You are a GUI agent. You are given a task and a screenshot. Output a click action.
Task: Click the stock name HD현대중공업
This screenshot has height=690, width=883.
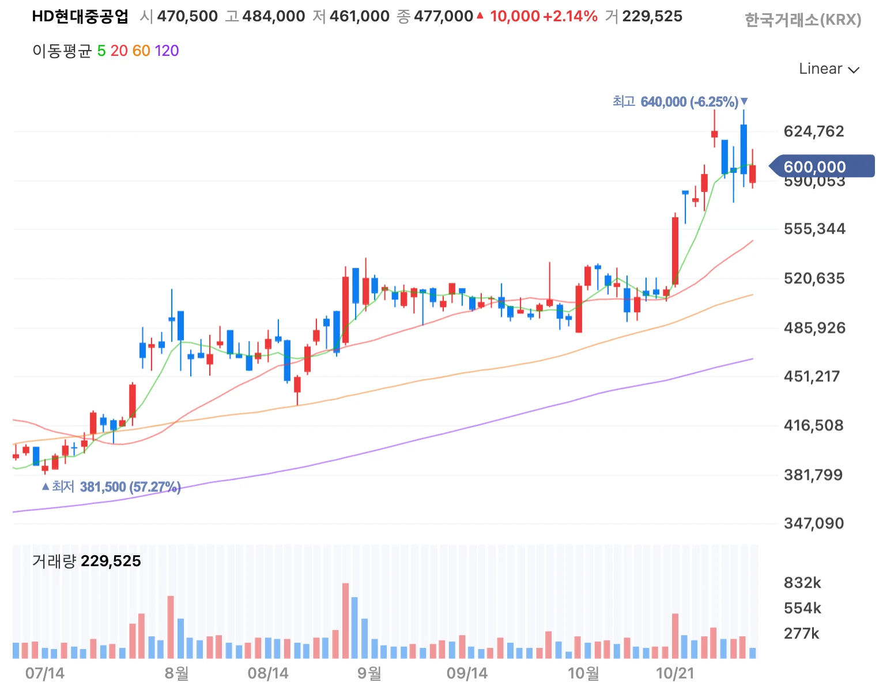(80, 16)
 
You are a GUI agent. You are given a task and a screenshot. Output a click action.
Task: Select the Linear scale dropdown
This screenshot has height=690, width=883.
(828, 69)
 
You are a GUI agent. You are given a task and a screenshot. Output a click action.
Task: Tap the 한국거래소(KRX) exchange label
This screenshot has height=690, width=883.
(802, 20)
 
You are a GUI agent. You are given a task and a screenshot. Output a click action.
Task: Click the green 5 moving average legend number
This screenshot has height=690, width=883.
(101, 51)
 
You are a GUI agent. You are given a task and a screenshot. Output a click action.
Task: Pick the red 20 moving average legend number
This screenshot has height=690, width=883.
(119, 51)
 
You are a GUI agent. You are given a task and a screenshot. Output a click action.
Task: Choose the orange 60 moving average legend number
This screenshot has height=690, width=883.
(141, 51)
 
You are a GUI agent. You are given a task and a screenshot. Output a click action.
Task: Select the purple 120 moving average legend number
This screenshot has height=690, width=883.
(167, 51)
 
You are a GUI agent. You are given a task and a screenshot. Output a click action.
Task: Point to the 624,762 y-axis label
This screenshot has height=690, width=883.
(813, 131)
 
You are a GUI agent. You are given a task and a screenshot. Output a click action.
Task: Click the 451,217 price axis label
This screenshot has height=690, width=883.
(812, 376)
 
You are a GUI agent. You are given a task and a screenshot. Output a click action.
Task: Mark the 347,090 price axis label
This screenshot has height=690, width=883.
(813, 523)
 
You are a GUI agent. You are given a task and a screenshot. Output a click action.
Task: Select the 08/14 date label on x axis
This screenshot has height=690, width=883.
(268, 673)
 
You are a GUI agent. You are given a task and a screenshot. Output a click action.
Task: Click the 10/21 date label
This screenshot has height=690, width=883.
(675, 673)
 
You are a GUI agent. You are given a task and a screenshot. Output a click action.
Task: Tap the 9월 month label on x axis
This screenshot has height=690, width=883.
(369, 673)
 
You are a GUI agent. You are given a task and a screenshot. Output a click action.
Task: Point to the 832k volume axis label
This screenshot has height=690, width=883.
(802, 583)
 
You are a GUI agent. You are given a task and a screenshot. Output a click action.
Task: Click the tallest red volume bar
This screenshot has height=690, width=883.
(345, 621)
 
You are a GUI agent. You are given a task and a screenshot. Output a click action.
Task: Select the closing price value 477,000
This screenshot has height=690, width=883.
(443, 16)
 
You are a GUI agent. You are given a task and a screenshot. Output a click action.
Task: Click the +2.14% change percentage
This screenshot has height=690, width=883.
(570, 16)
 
